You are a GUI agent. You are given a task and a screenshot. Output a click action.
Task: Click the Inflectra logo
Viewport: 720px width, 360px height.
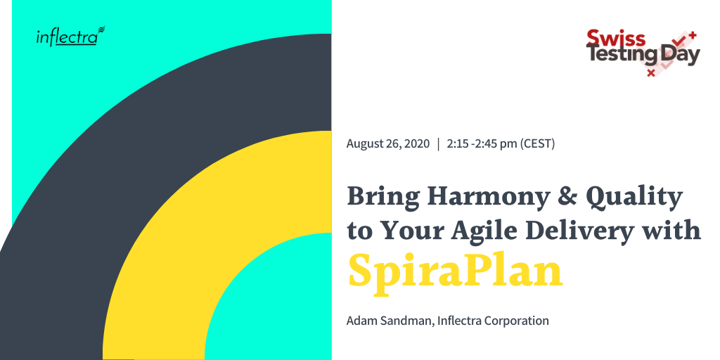click(71, 37)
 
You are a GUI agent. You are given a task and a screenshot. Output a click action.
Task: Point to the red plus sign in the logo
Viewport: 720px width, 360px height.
click(693, 34)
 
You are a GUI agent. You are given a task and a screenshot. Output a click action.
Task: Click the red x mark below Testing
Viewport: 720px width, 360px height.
click(650, 72)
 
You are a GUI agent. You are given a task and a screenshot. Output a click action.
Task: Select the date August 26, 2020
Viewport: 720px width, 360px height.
click(388, 143)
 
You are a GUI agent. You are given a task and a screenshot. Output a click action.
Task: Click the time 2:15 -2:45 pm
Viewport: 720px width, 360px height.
click(482, 143)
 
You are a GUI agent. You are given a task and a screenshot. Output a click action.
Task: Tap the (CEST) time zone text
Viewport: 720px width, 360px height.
click(537, 143)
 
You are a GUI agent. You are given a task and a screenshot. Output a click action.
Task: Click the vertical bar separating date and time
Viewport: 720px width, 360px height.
click(439, 143)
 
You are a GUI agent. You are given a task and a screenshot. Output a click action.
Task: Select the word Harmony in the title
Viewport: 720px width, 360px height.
click(488, 198)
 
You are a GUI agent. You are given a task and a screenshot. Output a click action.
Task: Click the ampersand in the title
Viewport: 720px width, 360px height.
click(567, 197)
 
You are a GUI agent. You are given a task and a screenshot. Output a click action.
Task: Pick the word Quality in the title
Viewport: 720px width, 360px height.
click(634, 198)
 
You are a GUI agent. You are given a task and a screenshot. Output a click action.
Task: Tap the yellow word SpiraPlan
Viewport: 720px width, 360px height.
click(455, 271)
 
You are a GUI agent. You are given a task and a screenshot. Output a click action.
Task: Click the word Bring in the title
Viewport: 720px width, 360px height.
click(383, 198)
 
